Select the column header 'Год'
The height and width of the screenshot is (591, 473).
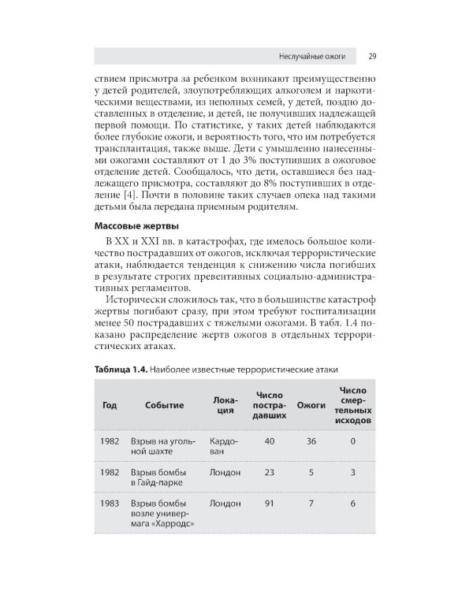(110, 405)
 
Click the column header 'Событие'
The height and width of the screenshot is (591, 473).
(164, 405)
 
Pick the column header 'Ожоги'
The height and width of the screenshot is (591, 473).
(311, 405)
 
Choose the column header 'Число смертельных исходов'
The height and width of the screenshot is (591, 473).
(352, 406)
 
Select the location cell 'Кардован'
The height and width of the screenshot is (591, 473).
(223, 447)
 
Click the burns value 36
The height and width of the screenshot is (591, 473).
(311, 441)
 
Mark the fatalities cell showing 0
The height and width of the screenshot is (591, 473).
(352, 441)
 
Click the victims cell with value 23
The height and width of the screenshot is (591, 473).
(269, 472)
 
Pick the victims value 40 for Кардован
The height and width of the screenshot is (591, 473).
(269, 441)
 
